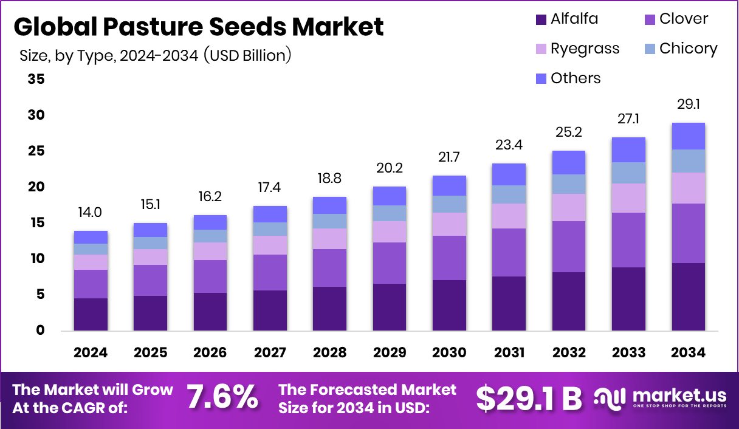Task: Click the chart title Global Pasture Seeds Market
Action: pyautogui.click(x=198, y=27)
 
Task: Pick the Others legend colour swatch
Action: pyautogui.click(x=541, y=78)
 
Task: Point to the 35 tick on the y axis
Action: pyautogui.click(x=36, y=79)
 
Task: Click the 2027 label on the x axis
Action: pyautogui.click(x=270, y=353)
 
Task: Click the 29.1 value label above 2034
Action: pyautogui.click(x=688, y=105)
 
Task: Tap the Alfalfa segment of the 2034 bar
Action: pyautogui.click(x=688, y=297)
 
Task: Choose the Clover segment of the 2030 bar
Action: pyautogui.click(x=449, y=258)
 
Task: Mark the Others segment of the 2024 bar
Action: pyautogui.click(x=91, y=237)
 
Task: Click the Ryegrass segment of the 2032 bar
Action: pyautogui.click(x=568, y=207)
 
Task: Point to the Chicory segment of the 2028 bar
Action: pyautogui.click(x=329, y=221)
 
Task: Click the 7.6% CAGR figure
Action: pyautogui.click(x=222, y=398)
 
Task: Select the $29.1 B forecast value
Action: pyautogui.click(x=528, y=398)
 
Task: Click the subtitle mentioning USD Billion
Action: pyautogui.click(x=156, y=56)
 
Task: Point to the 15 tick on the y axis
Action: pyautogui.click(x=36, y=223)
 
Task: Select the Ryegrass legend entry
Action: pyautogui.click(x=585, y=49)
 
